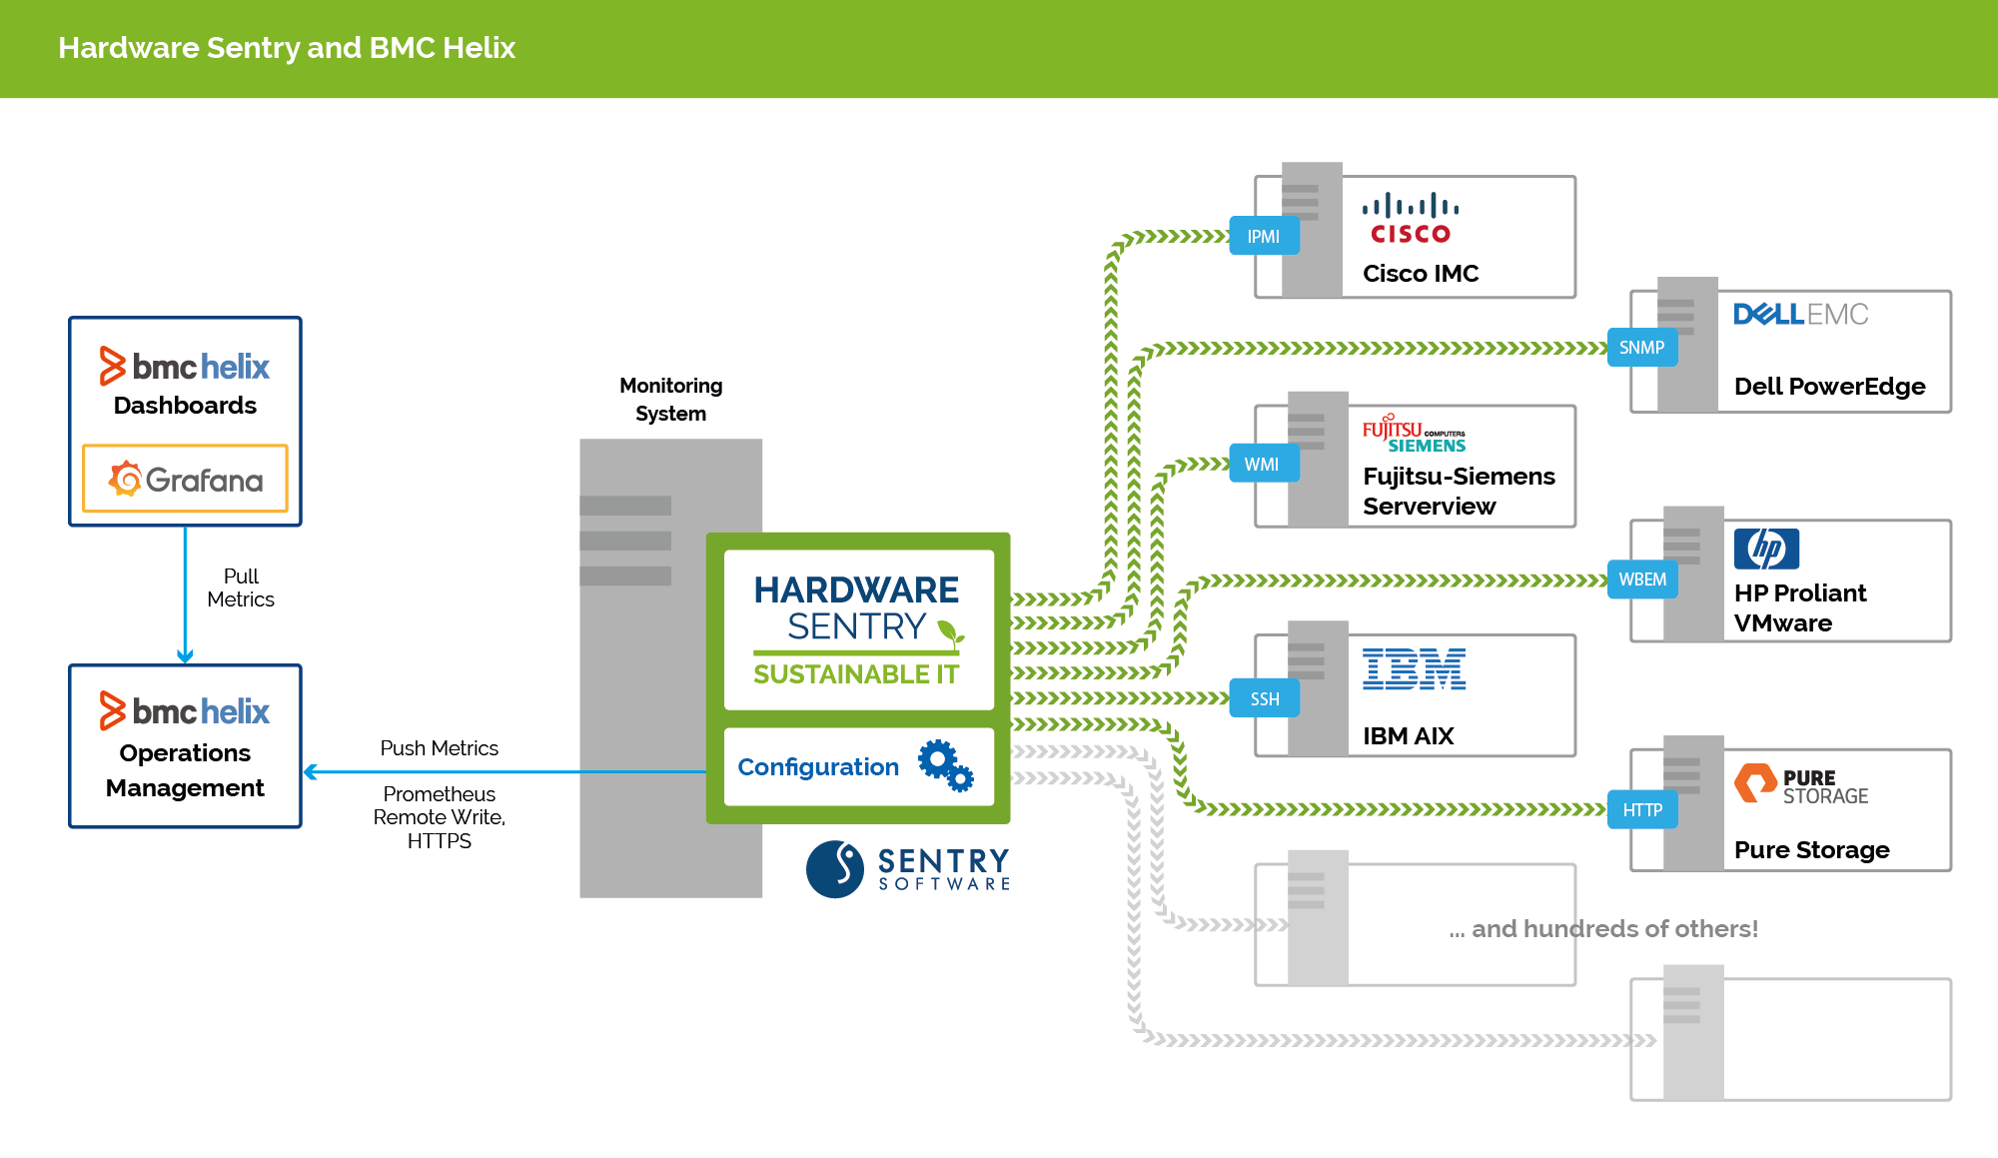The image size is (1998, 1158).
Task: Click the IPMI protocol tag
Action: (x=1264, y=237)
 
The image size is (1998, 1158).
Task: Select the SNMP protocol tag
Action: (x=1641, y=348)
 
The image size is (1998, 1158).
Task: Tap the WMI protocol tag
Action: (x=1263, y=465)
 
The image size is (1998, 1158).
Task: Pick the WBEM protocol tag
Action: (x=1641, y=579)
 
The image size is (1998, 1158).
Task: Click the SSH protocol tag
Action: (x=1264, y=698)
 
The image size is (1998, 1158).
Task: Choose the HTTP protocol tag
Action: (x=1641, y=810)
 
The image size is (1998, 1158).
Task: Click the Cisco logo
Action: (x=1411, y=219)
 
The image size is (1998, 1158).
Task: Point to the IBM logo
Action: (x=1414, y=669)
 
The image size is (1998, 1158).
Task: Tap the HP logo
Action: (x=1766, y=549)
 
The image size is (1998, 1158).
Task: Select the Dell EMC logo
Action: (x=1800, y=315)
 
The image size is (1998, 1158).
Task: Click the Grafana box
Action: (x=185, y=480)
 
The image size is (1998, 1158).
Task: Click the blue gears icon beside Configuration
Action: (x=945, y=766)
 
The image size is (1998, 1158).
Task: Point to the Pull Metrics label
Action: (x=241, y=587)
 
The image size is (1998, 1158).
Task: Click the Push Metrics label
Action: (x=439, y=748)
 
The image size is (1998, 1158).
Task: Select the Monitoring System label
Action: (x=670, y=399)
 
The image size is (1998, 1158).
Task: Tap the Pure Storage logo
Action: (x=1800, y=785)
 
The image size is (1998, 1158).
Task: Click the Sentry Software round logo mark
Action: (x=835, y=868)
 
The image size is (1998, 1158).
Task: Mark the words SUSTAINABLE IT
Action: (x=856, y=674)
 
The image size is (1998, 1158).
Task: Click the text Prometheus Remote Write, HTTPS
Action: (x=440, y=817)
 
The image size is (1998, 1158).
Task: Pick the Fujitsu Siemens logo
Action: (x=1414, y=435)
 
